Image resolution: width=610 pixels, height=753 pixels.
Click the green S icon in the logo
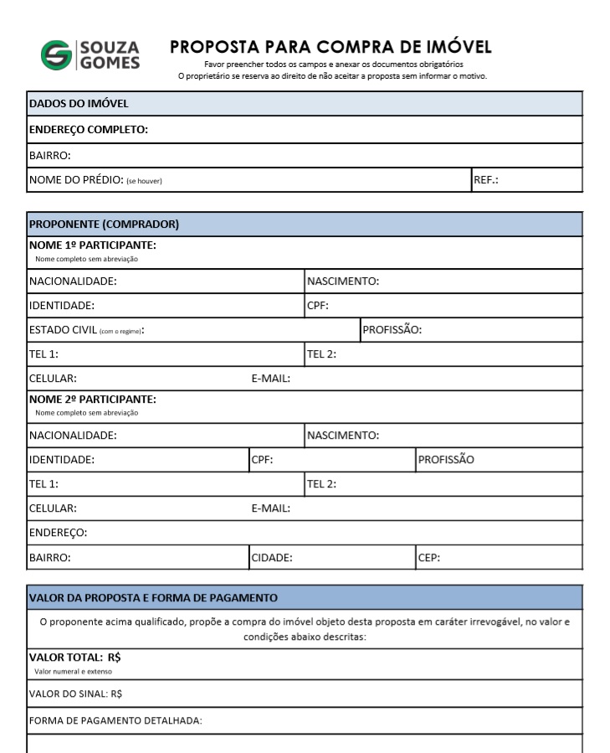57,54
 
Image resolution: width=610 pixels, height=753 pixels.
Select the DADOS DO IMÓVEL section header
78,103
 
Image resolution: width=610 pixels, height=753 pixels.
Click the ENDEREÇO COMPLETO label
89,129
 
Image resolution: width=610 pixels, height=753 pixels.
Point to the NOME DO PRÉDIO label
76,180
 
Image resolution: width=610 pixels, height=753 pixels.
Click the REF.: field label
486,180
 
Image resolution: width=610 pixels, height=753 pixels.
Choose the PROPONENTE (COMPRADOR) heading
104,224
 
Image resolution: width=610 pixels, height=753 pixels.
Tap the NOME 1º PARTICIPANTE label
93,245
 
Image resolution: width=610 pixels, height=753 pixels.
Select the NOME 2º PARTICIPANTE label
93,399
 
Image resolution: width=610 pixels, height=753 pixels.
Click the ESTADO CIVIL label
64,330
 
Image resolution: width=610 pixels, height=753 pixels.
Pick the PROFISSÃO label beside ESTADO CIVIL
392,330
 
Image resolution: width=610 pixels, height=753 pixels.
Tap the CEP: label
429,557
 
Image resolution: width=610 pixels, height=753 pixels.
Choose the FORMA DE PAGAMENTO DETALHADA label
115,720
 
